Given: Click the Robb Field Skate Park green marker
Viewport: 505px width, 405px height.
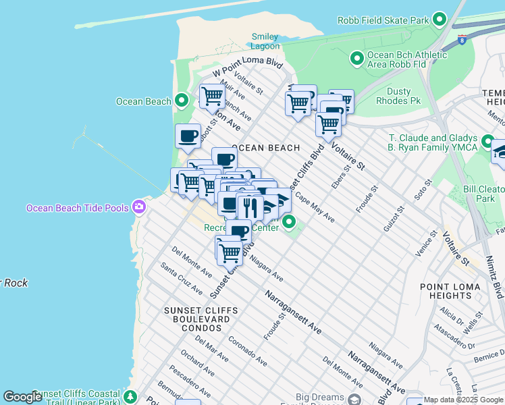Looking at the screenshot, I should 440,20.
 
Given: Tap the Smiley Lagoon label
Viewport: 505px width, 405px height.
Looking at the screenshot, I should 265,41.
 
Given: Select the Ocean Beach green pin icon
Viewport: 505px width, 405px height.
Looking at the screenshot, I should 181,101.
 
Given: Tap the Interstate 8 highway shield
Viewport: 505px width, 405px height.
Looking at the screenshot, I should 462,39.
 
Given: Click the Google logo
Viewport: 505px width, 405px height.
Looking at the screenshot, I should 22,397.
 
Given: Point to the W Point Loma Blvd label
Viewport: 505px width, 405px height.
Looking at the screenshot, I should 247,66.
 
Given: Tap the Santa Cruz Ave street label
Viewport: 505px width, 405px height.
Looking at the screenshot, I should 181,279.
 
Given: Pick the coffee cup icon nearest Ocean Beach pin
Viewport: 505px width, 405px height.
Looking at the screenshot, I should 188,136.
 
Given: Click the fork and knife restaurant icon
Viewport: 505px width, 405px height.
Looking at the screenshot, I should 250,207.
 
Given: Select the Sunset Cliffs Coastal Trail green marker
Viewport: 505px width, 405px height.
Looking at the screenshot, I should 130,396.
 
